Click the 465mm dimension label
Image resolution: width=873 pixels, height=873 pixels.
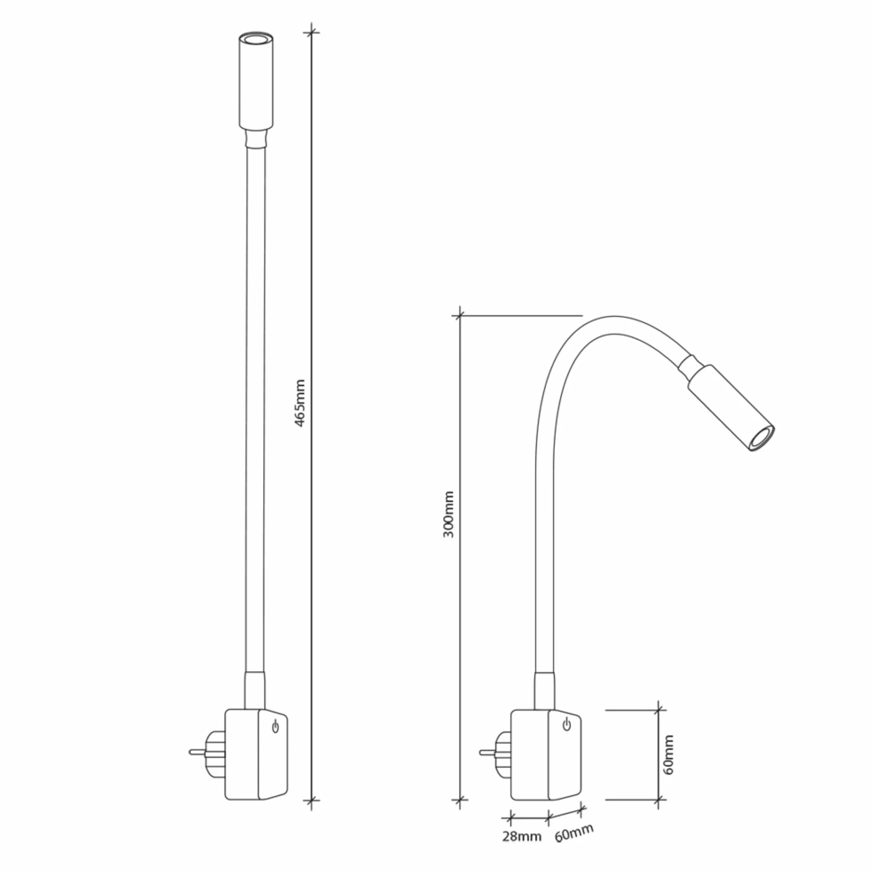pyautogui.click(x=300, y=403)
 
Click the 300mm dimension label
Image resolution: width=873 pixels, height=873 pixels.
pyautogui.click(x=449, y=514)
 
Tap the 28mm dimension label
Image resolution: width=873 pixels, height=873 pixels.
pyautogui.click(x=522, y=837)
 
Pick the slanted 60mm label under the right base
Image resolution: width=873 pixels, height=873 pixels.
pyautogui.click(x=574, y=832)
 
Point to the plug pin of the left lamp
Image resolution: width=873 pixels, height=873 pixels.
pyautogui.click(x=198, y=753)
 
